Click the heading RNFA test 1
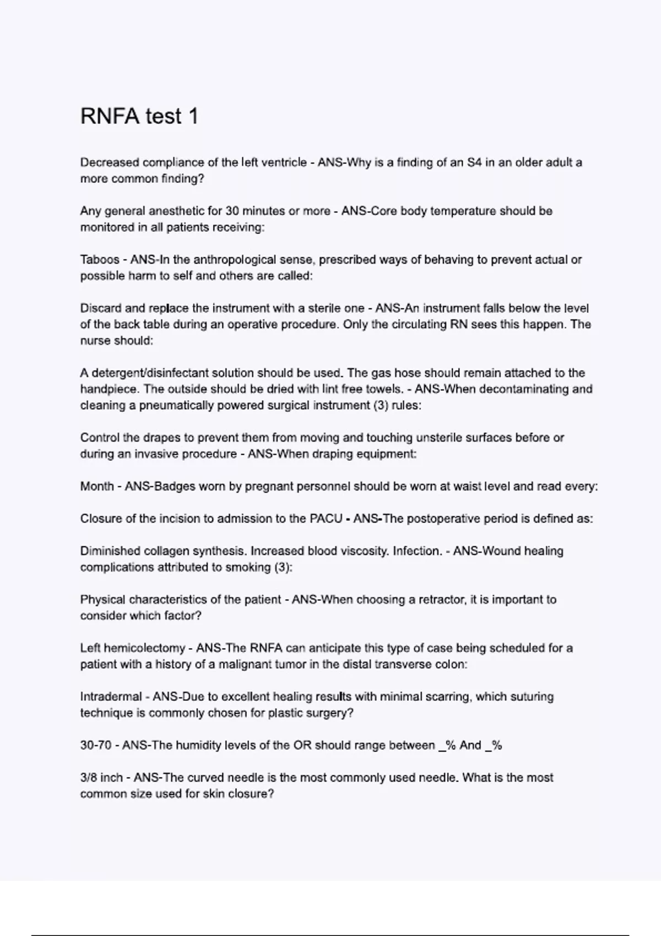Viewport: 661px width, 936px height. pyautogui.click(x=139, y=116)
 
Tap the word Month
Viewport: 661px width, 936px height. pyautogui.click(x=97, y=487)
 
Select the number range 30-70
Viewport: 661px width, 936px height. pyautogui.click(x=96, y=745)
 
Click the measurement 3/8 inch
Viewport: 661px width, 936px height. pyautogui.click(x=101, y=778)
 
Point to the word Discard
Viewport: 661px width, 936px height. pyautogui.click(x=100, y=308)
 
